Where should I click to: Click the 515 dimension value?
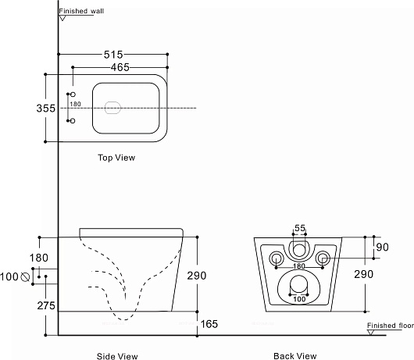(113, 55)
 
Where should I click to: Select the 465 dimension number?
(120, 68)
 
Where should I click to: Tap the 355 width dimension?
(46, 109)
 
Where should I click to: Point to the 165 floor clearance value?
(209, 324)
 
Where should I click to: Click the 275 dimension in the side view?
(46, 305)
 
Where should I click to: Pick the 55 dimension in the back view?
(300, 228)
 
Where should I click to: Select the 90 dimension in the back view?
(382, 247)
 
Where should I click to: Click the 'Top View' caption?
(116, 158)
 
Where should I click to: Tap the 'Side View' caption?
(117, 356)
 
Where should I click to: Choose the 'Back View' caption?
(295, 356)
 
